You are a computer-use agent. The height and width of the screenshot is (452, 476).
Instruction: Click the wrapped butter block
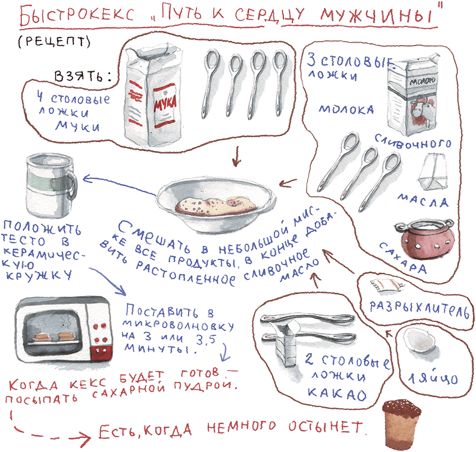(434, 172)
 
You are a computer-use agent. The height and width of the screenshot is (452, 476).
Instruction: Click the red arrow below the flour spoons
(236, 157)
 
